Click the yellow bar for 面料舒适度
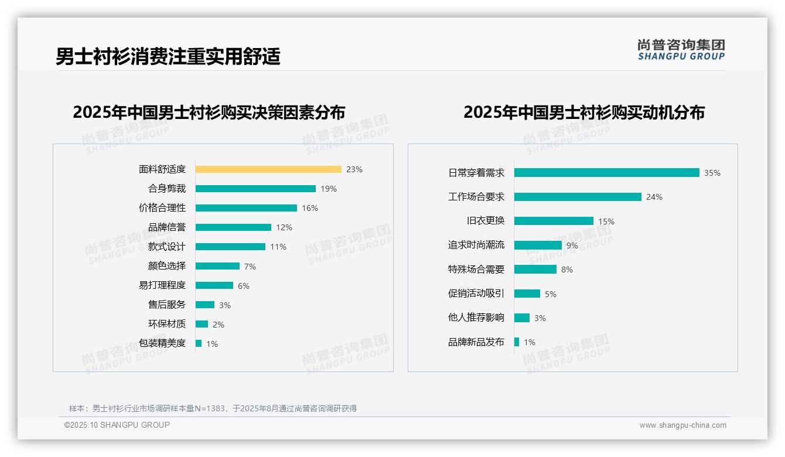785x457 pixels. [268, 169]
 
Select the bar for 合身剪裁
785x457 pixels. [255, 189]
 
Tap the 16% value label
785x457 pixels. [310, 208]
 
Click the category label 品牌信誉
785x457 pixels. [166, 227]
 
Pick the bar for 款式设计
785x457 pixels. [230, 247]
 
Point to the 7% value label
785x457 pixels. [250, 267]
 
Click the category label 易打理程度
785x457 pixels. [162, 285]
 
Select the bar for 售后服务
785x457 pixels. [205, 305]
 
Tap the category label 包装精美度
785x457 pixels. [162, 343]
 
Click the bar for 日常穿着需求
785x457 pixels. [606, 173]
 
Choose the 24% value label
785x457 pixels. [654, 197]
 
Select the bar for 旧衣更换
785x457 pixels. [554, 221]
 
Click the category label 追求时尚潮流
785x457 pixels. [476, 245]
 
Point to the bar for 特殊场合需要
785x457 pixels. [535, 270]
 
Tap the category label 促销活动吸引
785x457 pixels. [476, 294]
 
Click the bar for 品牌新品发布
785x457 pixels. [517, 342]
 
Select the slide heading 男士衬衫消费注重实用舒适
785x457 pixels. [168, 56]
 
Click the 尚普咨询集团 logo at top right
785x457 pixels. [681, 50]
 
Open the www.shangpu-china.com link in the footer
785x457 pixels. [682, 425]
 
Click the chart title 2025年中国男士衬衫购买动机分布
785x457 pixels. [583, 112]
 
